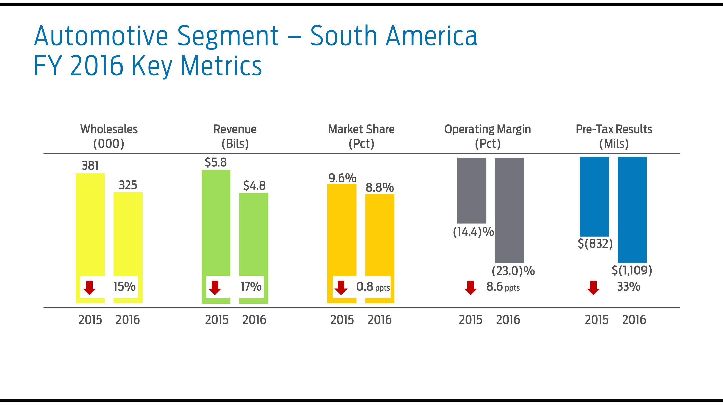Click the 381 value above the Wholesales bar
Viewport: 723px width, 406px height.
click(x=90, y=166)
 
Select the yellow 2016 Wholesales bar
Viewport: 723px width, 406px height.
click(x=128, y=233)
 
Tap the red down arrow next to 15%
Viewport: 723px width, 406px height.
click(x=90, y=288)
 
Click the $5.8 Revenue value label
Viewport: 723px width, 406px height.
click(x=216, y=162)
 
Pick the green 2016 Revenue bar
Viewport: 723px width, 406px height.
click(x=254, y=233)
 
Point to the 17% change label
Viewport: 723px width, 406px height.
click(x=251, y=287)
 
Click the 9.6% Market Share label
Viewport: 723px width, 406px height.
click(x=342, y=178)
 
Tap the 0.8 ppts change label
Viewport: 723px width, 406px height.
click(x=373, y=287)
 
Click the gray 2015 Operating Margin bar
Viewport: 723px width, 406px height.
click(x=471, y=190)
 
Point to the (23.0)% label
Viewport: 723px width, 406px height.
click(x=513, y=271)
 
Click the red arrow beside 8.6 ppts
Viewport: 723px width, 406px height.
click(x=471, y=288)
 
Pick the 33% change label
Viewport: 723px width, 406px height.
click(x=629, y=287)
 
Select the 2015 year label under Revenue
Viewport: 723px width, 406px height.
click(x=217, y=320)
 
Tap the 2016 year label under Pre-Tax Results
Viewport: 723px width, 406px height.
click(x=634, y=320)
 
